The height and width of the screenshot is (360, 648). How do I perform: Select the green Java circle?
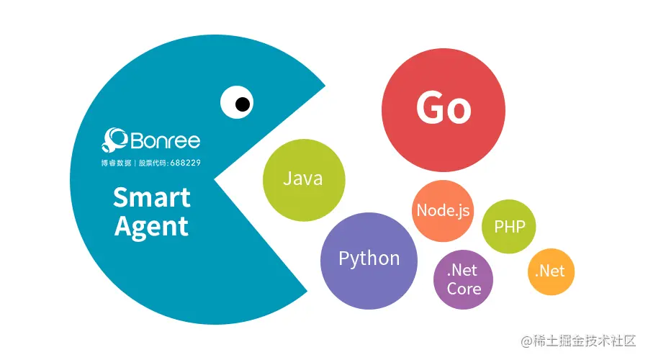click(303, 179)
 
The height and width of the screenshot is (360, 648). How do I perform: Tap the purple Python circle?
click(369, 258)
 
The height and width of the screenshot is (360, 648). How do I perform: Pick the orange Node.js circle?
click(444, 211)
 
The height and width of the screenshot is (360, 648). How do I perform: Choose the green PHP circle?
click(509, 226)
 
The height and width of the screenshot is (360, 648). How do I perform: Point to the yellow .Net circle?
click(551, 271)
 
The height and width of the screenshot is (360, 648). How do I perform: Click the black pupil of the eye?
click(243, 104)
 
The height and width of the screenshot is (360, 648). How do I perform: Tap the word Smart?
click(152, 197)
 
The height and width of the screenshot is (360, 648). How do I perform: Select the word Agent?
click(152, 226)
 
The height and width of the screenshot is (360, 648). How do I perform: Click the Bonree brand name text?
click(166, 140)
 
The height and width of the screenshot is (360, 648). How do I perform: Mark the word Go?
click(444, 108)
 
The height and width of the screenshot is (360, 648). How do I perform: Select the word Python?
click(369, 258)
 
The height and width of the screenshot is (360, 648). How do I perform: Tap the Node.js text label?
click(444, 211)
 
